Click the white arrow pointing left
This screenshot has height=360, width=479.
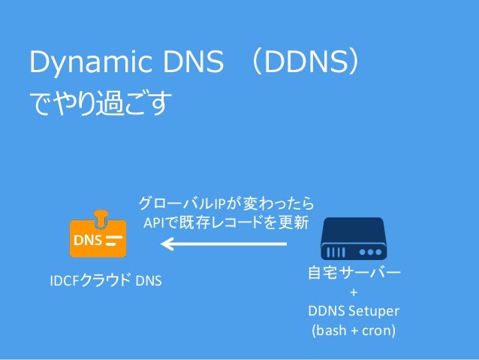tap(224, 244)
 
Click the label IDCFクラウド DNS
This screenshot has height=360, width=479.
tap(106, 281)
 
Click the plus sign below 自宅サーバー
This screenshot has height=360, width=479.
tap(354, 293)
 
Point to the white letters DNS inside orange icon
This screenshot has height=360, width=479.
tap(88, 241)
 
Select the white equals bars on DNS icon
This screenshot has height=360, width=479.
tap(113, 241)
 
